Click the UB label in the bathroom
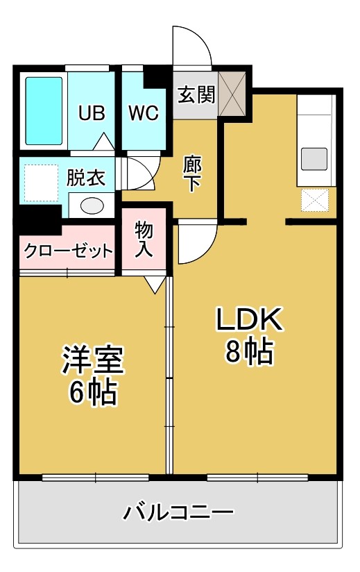pos(92,112)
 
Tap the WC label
pos(143,113)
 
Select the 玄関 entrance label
pos(196,94)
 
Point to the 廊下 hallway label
pos(192,174)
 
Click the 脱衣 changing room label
pos(85,178)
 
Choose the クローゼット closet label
pos(68,251)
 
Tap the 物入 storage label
pos(144,239)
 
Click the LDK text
pos(249,319)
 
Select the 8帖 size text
pos(249,351)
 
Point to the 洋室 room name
pos(93,360)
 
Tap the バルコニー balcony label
pos(178,512)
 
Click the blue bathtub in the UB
pos(44,111)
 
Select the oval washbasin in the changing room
pos(92,205)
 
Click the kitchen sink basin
pos(314,159)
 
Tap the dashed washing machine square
pos(41,183)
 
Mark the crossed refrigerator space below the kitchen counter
pos(315,199)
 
